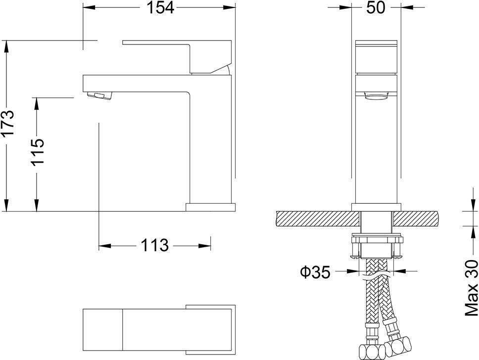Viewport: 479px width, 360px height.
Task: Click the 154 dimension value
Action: (x=161, y=7)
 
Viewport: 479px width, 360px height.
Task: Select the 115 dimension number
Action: (x=38, y=152)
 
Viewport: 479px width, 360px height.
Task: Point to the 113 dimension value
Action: (x=154, y=245)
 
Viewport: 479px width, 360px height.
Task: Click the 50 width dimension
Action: (x=376, y=7)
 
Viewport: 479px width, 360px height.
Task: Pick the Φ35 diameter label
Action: (x=316, y=272)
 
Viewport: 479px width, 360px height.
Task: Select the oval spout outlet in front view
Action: (x=376, y=97)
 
